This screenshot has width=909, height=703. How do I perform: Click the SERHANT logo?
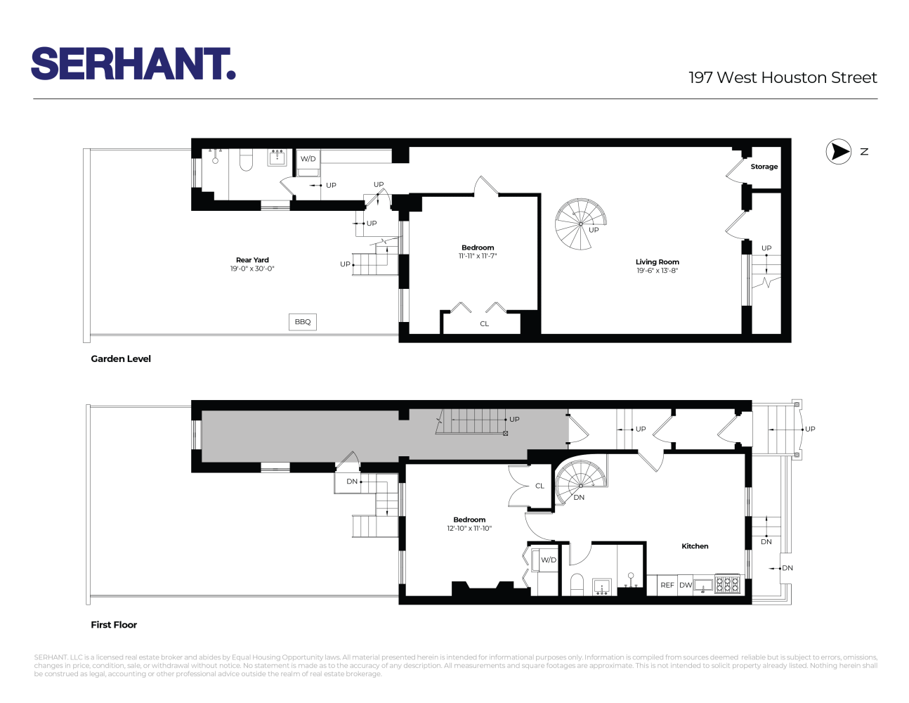[x=133, y=64]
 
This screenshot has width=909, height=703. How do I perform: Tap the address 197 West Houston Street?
[x=783, y=78]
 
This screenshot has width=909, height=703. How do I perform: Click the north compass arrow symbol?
[x=838, y=151]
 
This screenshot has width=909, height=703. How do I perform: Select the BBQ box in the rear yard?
[x=303, y=322]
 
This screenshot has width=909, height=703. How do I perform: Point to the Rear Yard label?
[x=252, y=260]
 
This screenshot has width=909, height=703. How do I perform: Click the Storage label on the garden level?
[x=764, y=167]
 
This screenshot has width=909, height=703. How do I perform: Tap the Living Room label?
[x=657, y=262]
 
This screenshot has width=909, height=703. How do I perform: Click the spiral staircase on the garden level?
[x=580, y=224]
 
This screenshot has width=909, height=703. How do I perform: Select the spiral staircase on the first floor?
[x=581, y=482]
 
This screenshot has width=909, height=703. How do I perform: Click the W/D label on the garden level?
[x=308, y=159]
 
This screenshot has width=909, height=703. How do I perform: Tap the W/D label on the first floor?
[x=548, y=560]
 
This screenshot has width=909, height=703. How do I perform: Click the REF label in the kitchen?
[x=667, y=585]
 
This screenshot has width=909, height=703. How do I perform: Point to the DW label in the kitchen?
[x=686, y=585]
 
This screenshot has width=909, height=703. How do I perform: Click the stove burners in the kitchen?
[x=727, y=584]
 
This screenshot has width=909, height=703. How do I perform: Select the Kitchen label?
[x=695, y=546]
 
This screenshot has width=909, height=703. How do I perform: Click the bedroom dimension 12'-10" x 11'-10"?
[x=469, y=529]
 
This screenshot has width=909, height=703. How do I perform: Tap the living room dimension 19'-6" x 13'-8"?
[x=657, y=271]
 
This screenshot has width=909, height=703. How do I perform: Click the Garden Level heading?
[x=121, y=359]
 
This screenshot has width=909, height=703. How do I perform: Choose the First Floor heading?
[x=114, y=625]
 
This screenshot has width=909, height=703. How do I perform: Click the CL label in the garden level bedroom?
[x=484, y=324]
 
